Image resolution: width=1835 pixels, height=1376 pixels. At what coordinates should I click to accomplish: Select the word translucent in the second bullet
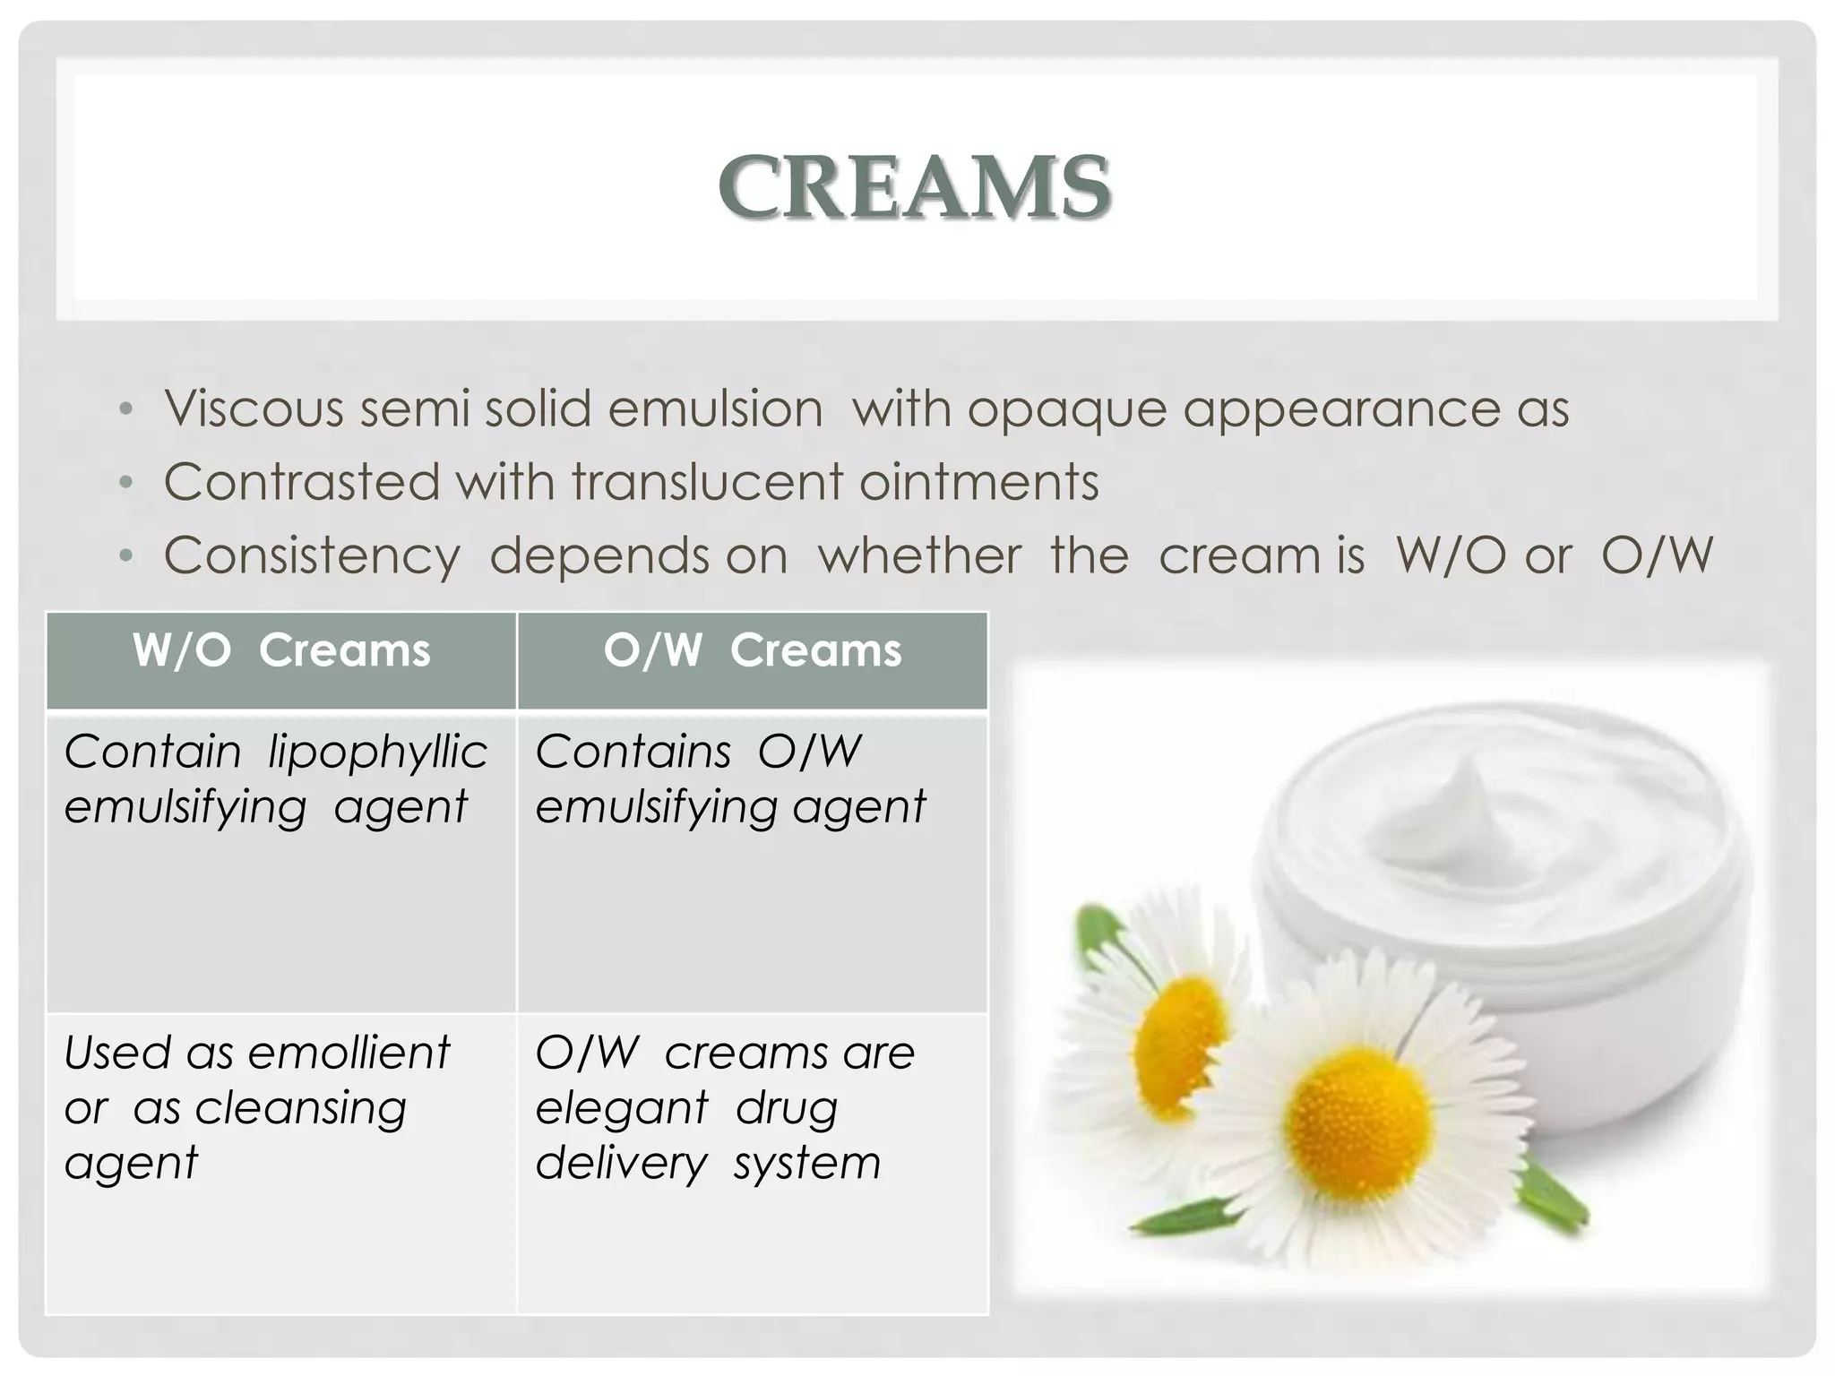coord(707,482)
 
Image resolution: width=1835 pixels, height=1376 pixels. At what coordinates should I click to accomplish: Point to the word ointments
coord(978,482)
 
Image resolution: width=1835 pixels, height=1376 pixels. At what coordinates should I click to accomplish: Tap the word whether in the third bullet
coord(919,555)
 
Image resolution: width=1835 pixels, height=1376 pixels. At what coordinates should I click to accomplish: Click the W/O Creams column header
coord(281,651)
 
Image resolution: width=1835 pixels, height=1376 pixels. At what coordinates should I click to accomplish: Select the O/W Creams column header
coord(753,651)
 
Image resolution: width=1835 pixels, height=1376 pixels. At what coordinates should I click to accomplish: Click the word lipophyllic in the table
coord(377,752)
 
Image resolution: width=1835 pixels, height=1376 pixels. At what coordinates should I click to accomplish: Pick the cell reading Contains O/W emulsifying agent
coord(730,778)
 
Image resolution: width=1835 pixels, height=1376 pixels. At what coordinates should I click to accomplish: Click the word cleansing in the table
coord(300,1108)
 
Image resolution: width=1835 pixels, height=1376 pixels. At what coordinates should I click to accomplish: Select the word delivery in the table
coord(621,1164)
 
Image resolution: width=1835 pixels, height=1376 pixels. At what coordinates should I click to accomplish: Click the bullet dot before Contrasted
coord(126,484)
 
